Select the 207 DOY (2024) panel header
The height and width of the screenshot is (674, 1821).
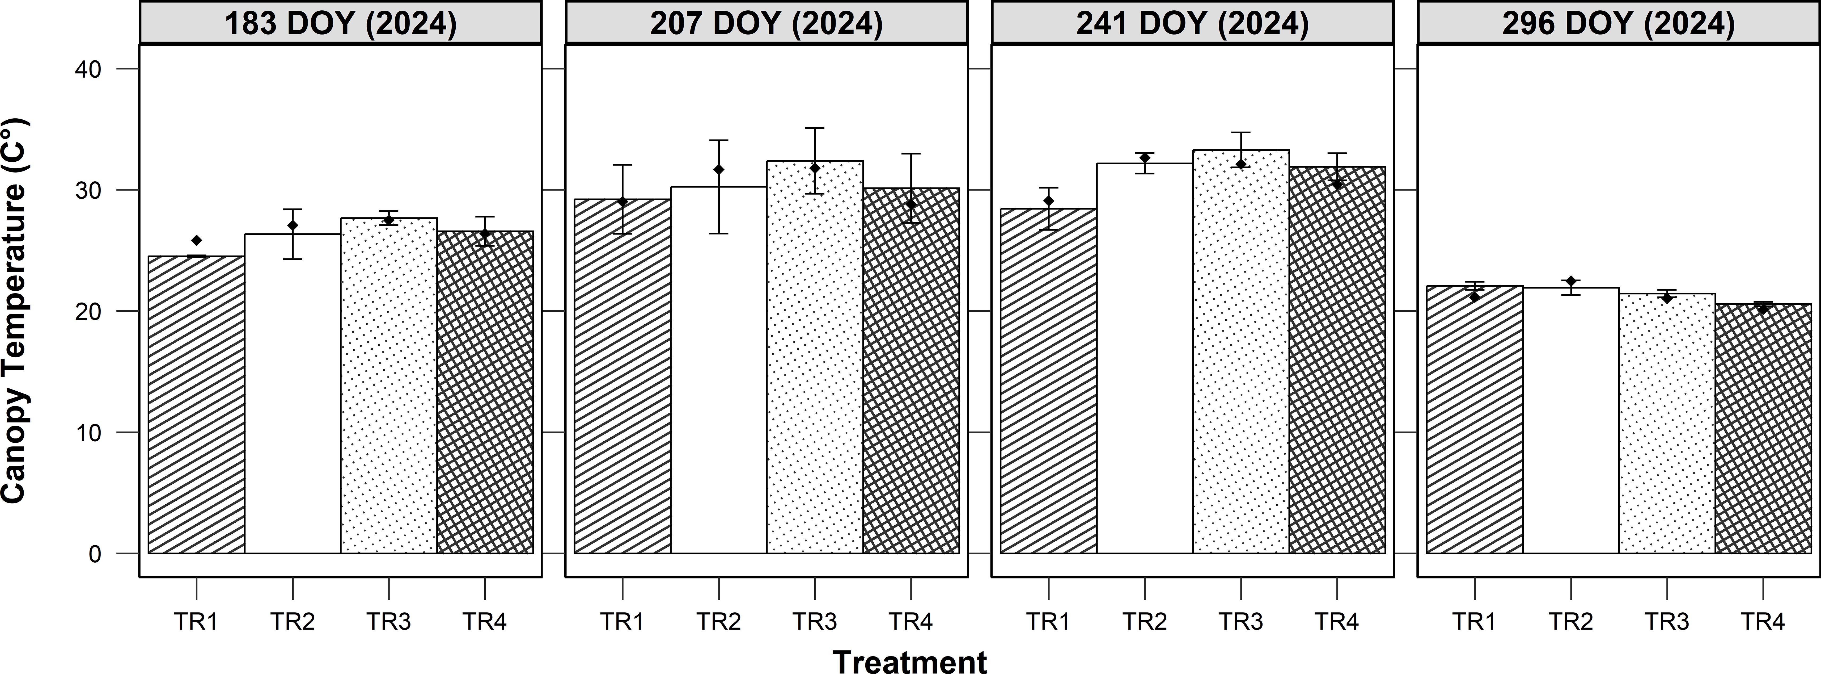[766, 23]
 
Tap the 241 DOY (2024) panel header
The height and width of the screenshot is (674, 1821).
[1193, 23]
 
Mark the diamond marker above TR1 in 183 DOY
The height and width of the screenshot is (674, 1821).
[197, 240]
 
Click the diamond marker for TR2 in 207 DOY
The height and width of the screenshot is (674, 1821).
[719, 170]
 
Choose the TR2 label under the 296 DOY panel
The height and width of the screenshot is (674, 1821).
[1571, 622]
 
